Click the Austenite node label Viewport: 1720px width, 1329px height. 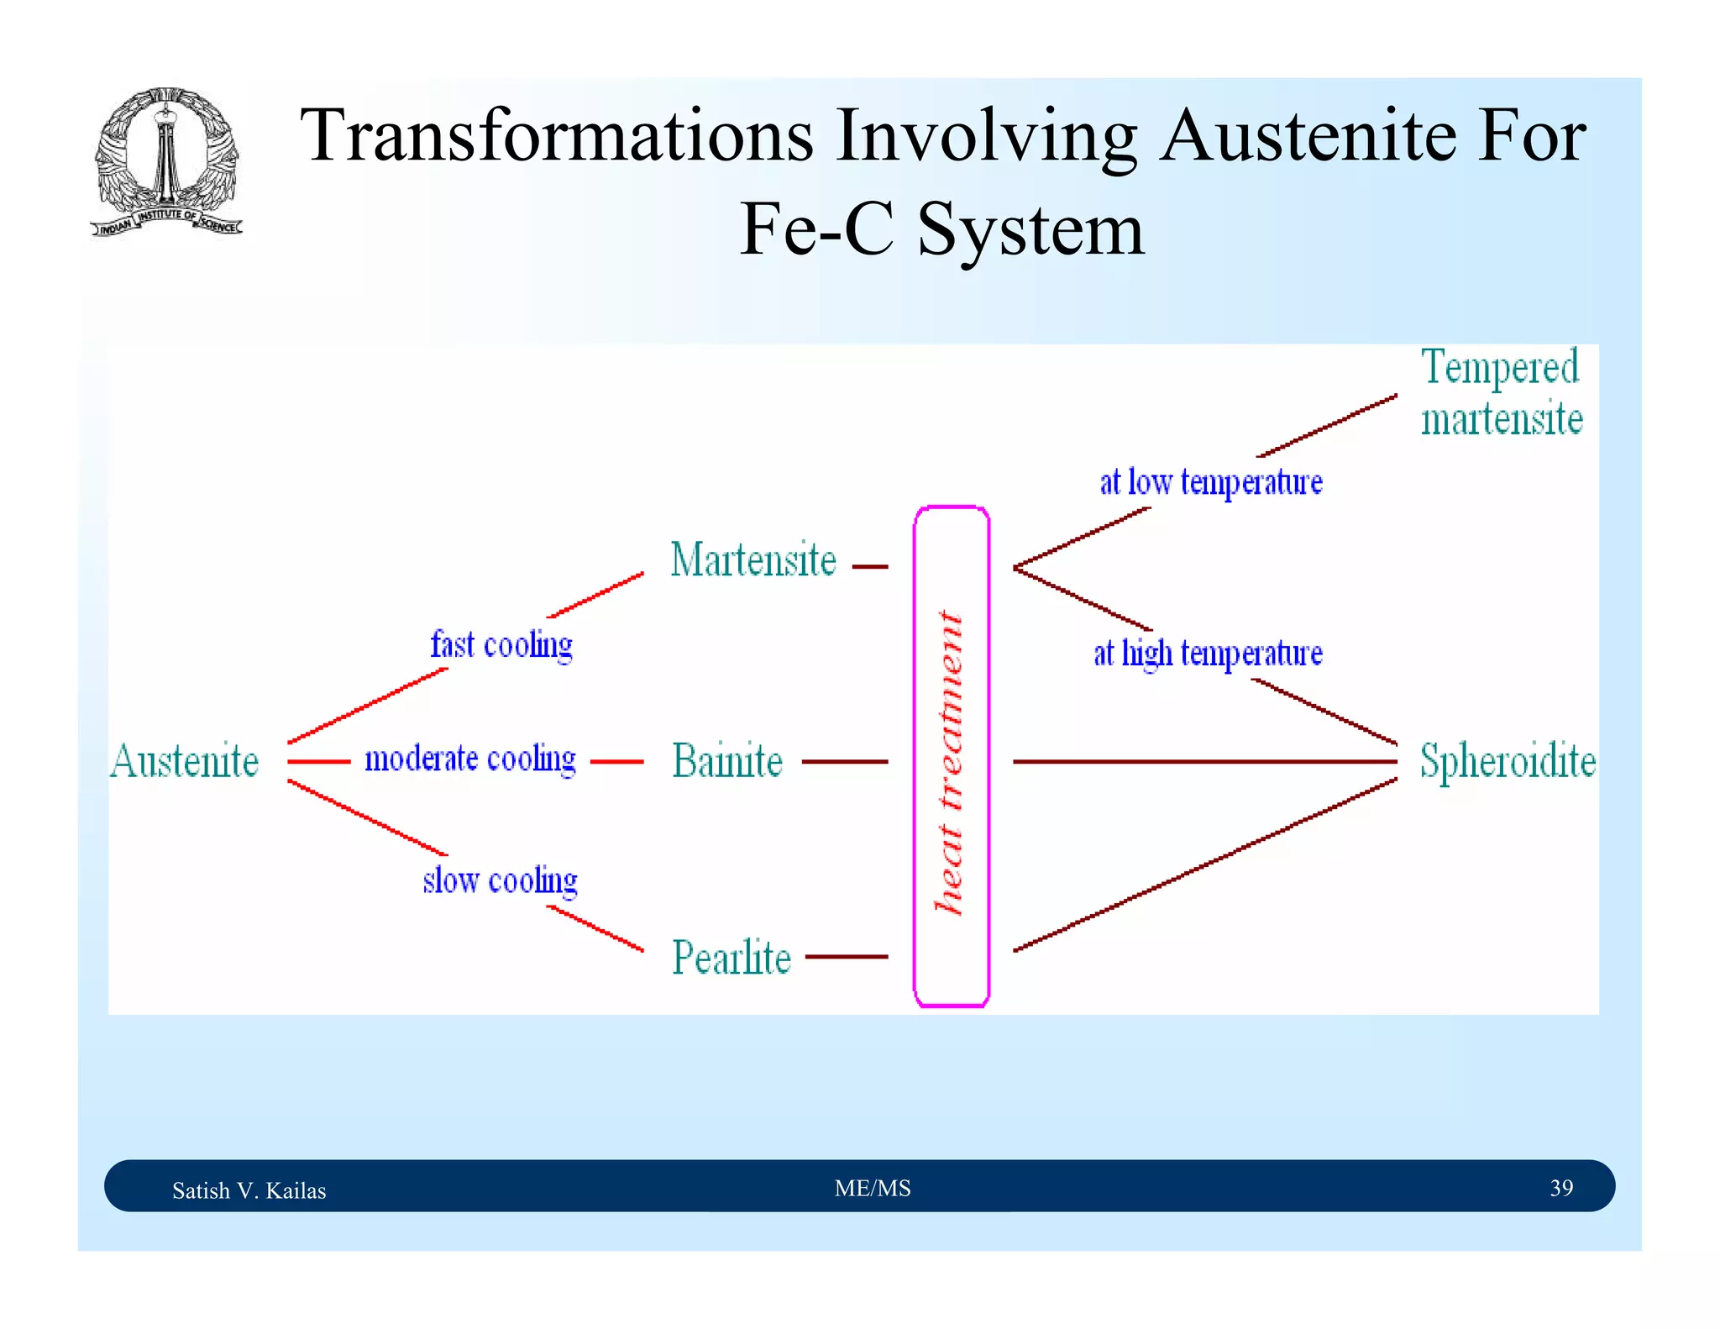point(184,761)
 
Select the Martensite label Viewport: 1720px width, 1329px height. point(753,560)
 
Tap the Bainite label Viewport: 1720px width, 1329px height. point(727,761)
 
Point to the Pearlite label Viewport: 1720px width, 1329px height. point(732,958)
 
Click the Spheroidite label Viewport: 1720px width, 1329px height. point(1508,761)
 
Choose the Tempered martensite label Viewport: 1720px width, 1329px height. point(1501,393)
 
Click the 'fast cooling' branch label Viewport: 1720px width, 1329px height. point(501,645)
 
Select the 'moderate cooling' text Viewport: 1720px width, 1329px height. point(470,759)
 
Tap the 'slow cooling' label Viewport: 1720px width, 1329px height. point(501,880)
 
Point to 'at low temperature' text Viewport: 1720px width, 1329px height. point(1211,482)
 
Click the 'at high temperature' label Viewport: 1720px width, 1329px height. point(1208,653)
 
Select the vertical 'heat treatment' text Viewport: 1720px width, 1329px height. point(950,761)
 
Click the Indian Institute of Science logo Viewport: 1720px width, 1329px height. point(166,162)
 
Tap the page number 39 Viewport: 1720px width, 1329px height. point(1561,1188)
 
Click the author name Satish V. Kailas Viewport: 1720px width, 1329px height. point(249,1190)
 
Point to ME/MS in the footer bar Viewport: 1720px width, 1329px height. point(873,1188)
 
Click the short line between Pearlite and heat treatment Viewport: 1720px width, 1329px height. point(846,956)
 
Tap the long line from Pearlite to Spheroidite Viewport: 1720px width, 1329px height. point(1205,865)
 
